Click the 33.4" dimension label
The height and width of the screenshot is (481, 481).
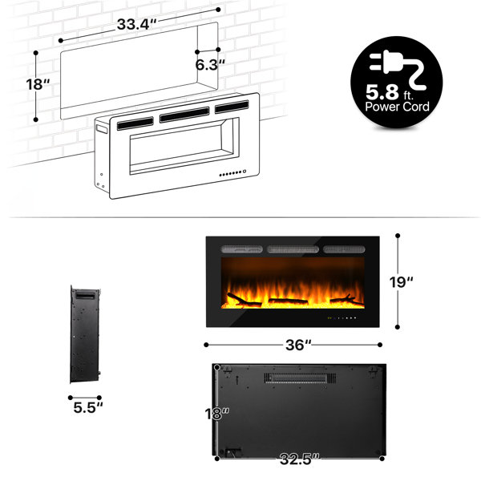[136, 24]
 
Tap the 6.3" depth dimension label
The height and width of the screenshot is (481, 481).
[210, 65]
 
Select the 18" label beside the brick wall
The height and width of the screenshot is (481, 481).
[38, 84]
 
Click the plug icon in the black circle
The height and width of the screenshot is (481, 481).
[398, 69]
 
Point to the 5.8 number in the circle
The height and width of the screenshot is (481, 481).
[382, 92]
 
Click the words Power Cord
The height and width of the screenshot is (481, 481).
[397, 107]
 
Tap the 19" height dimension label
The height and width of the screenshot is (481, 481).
[401, 282]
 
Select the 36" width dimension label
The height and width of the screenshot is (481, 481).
[298, 345]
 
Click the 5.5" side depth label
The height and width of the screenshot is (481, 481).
[88, 408]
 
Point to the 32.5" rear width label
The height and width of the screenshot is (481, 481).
[299, 459]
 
